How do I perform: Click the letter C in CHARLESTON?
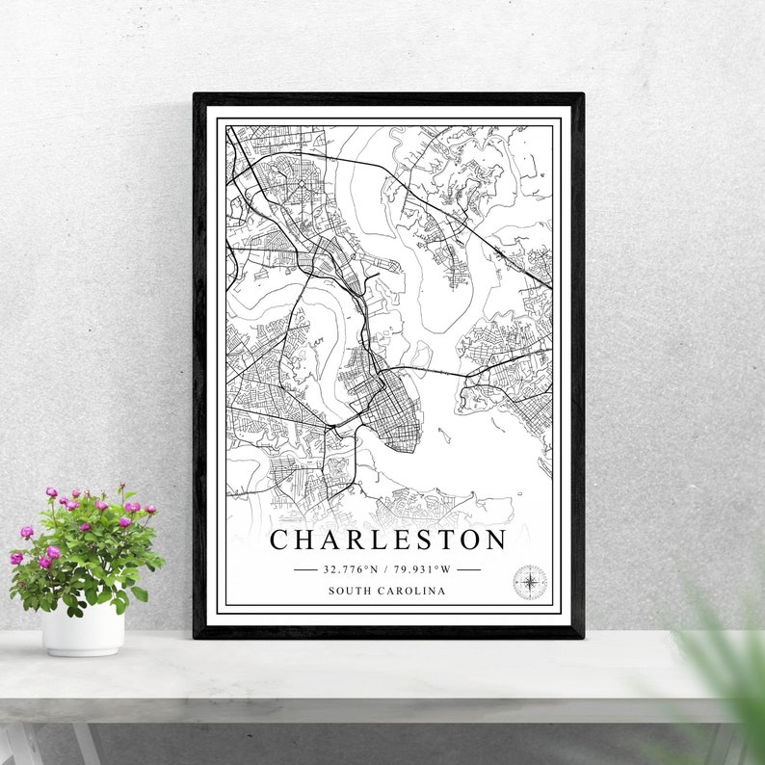coord(279,540)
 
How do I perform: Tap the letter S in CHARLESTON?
coord(425,540)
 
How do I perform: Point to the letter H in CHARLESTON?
coord(306,540)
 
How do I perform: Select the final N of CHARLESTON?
coord(497,540)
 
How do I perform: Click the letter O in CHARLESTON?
coord(471,540)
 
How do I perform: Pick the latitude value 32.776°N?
coord(353,569)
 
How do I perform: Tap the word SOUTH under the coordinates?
coord(349,591)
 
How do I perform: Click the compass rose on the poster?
coord(529,581)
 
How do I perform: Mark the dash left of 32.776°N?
coord(304,569)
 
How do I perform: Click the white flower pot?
coord(83,628)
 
